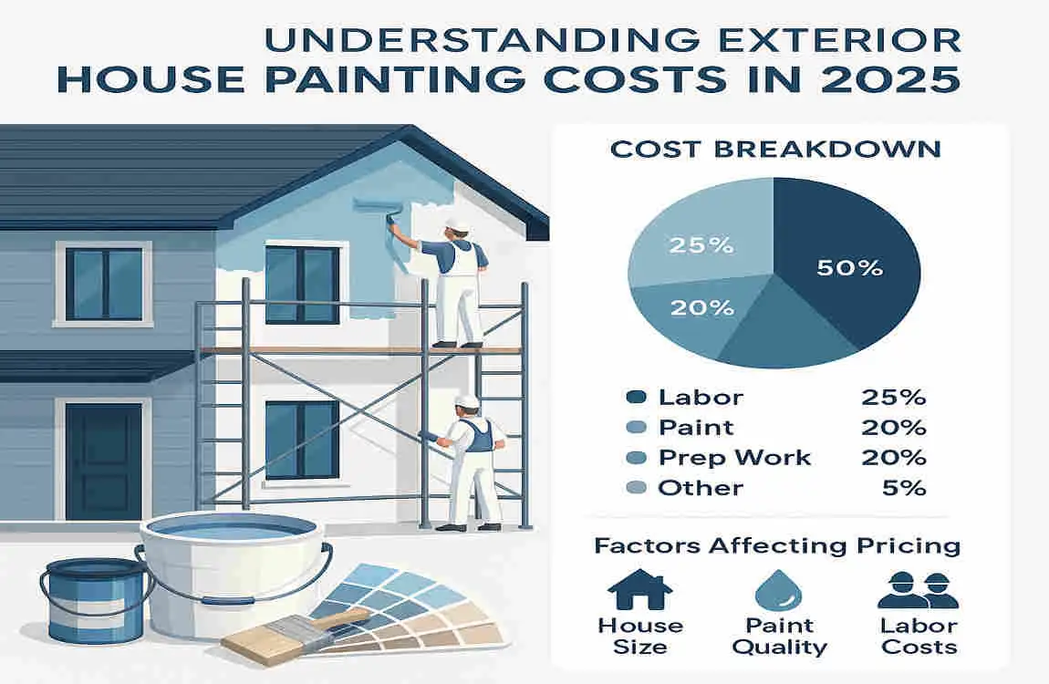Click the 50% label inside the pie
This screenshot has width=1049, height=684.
pos(848,267)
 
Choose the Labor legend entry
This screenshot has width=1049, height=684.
pos(700,398)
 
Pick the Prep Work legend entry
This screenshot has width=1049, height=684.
pos(733,458)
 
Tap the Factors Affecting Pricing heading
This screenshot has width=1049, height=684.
pos(777,545)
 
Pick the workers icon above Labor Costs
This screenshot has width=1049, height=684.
pos(917,590)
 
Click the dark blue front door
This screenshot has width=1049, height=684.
pos(103,461)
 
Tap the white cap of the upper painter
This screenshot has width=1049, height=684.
pos(458,223)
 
